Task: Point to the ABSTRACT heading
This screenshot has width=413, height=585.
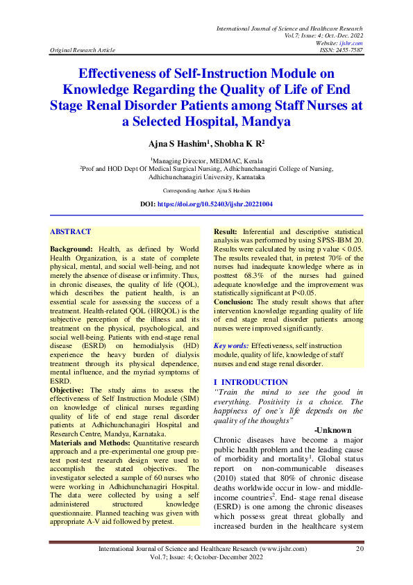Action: point(70,231)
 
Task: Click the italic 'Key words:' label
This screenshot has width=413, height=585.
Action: point(231,345)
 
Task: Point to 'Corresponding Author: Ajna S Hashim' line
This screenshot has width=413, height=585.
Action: point(206,190)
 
